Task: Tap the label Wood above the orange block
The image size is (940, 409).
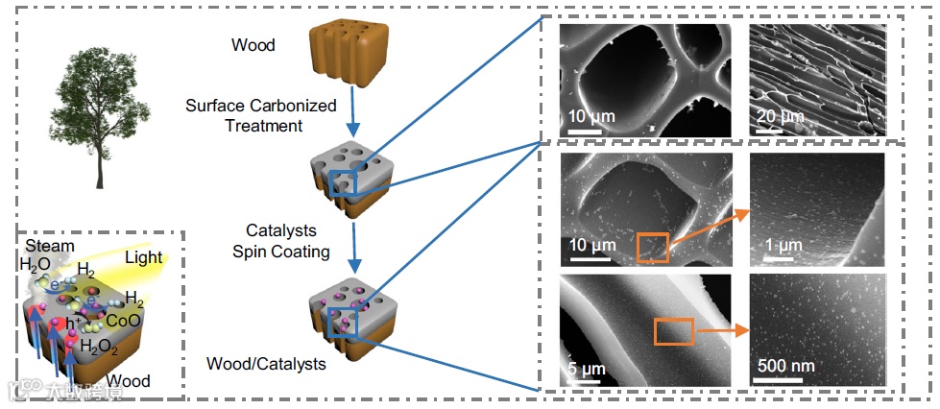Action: pos(253,45)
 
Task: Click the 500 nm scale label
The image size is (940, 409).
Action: pos(786,366)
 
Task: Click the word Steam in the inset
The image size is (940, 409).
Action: pos(51,247)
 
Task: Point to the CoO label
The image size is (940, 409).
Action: pos(126,320)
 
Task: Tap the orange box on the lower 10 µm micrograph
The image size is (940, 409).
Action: pos(652,246)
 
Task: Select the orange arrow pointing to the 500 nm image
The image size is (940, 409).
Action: pos(720,331)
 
